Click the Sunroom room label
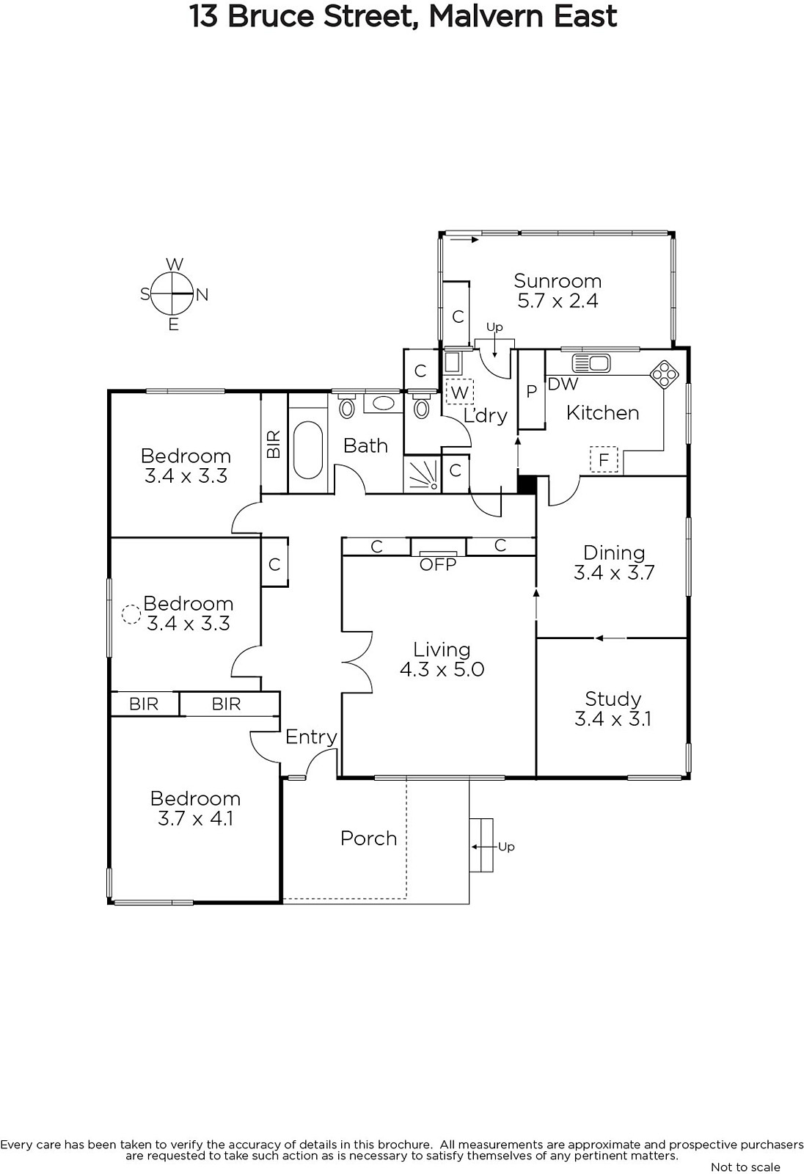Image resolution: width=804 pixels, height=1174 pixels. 557,281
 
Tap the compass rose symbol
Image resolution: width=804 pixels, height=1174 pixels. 172,294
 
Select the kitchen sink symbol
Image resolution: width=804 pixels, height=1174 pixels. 591,362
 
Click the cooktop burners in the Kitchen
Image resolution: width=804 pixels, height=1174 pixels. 665,374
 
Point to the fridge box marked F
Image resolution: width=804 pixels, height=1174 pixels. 604,459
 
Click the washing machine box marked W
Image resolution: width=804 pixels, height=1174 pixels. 460,392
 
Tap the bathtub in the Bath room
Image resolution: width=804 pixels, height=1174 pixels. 307,451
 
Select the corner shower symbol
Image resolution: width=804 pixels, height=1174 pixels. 423,474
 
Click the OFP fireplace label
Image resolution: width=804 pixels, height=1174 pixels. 438,564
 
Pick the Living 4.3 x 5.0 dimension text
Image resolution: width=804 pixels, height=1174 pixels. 442,669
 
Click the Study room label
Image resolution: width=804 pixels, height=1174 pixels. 613,699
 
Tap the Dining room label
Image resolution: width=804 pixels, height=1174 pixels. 614,553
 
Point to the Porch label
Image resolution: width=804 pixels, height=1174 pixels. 368,838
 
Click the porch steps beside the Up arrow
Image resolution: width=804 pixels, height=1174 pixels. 481,845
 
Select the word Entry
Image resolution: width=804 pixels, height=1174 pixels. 311,737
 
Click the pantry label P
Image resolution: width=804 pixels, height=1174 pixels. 531,391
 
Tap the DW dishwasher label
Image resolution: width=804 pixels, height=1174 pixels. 563,384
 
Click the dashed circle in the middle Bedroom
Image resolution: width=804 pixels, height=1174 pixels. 131,614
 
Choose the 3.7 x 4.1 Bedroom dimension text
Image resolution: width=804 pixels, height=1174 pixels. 195,818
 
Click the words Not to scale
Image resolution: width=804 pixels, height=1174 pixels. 745,1167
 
